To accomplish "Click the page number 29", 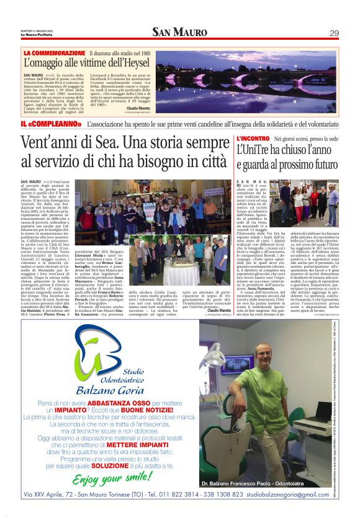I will click(x=334, y=33).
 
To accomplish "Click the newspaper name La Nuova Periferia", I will click(x=37, y=35).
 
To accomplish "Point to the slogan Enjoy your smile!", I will click(x=112, y=479).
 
